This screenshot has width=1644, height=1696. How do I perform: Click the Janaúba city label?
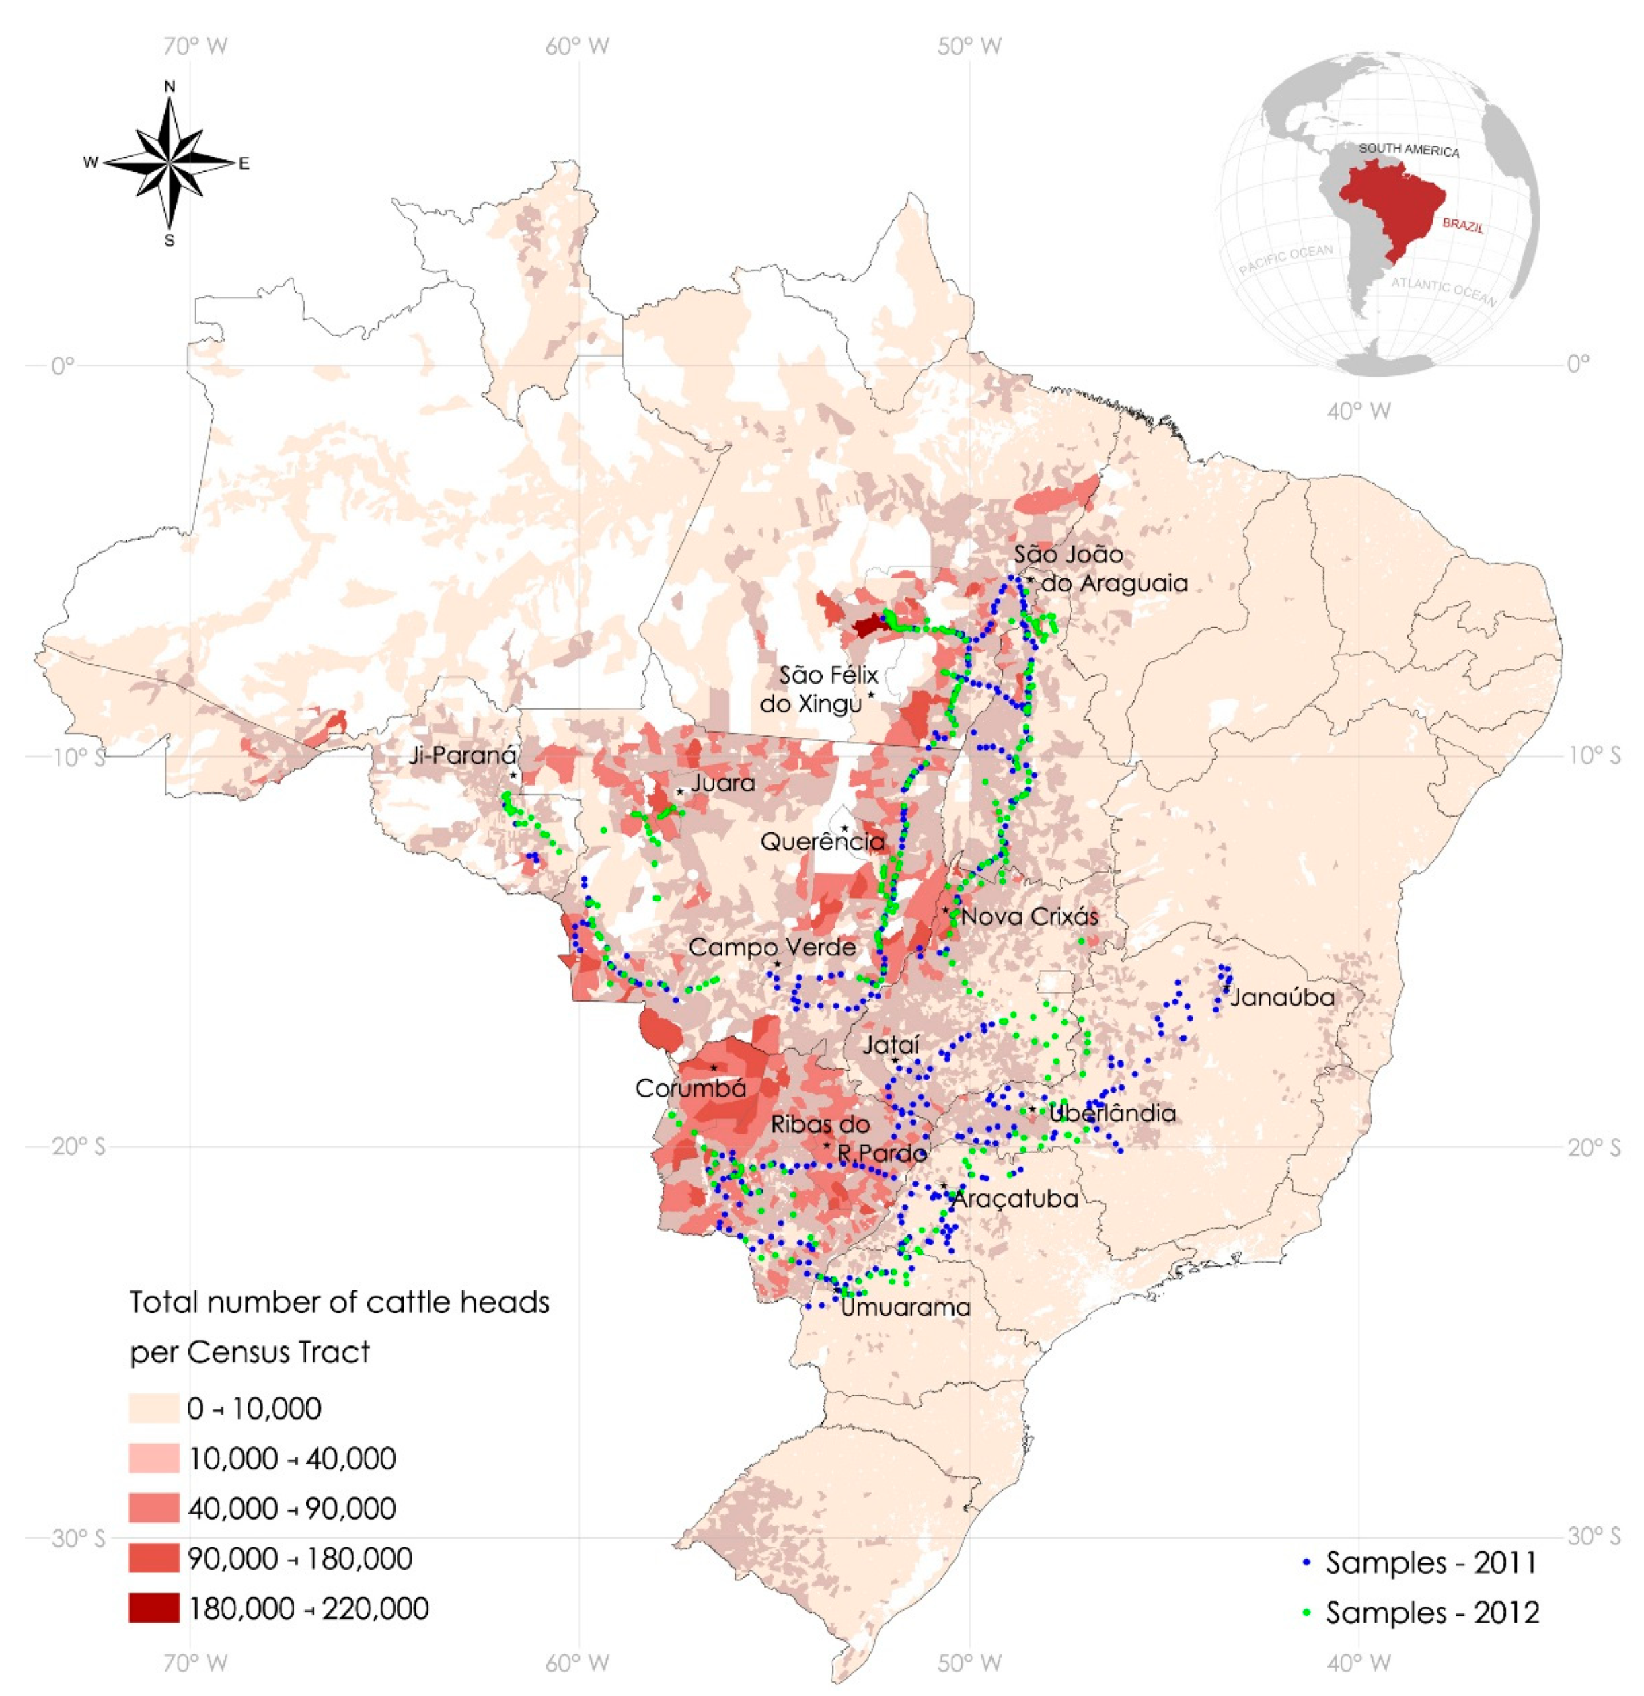pos(1281,997)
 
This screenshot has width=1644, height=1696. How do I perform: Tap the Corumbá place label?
pos(689,1088)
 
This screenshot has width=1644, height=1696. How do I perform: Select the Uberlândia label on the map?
pos(1112,1113)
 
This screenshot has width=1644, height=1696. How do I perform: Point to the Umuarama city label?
pos(905,1306)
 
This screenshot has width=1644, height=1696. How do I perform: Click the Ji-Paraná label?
pos(462,755)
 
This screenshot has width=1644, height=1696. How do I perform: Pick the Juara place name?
pos(722,783)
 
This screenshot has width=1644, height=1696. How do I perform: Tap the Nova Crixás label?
pos(1029,916)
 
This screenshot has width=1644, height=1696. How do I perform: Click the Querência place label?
pos(822,841)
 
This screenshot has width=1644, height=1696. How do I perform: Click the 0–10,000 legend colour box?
pos(154,1408)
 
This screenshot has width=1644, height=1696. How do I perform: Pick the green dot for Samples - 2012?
pos(1308,1613)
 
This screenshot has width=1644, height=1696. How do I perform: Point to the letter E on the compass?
pos(244,163)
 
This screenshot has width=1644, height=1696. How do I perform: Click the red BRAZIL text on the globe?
pos(1462,226)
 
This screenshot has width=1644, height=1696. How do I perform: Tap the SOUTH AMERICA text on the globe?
pos(1408,150)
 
